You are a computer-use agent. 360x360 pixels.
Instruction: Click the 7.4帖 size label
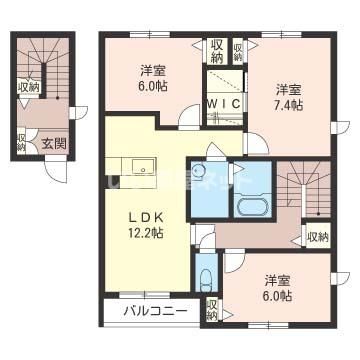[x=289, y=105]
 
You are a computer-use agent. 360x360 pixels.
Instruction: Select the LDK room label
[x=145, y=216]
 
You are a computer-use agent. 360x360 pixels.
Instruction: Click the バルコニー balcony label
[x=155, y=310]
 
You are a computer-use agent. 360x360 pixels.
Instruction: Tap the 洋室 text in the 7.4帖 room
[x=289, y=89]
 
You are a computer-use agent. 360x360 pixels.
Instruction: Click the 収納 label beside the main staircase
[x=318, y=237]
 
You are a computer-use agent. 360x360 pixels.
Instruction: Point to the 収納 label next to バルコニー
[x=212, y=309]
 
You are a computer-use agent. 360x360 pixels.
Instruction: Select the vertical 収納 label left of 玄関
[x=21, y=144]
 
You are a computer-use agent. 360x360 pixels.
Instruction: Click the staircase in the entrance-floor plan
[x=46, y=60]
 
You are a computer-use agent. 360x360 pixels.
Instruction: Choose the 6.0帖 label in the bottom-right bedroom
[x=279, y=295]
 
